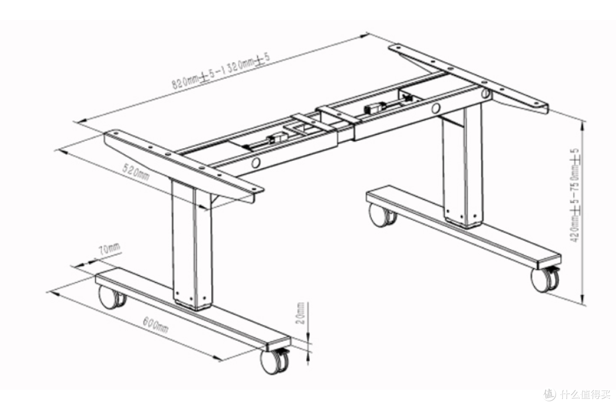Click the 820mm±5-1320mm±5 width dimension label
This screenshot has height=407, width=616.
pos(221,71)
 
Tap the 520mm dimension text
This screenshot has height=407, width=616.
pos(136,173)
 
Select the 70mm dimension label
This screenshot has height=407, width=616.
pos(109,249)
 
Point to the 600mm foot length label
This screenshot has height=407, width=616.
pos(156,324)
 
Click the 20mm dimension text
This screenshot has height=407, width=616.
pos(301,313)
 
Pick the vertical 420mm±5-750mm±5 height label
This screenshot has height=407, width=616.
pos(575,195)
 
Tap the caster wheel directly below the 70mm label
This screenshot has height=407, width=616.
pos(111,297)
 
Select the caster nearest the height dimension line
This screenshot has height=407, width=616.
pos(545,278)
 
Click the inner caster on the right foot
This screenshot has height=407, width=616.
pos(382,215)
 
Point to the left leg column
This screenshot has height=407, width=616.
pos(192,244)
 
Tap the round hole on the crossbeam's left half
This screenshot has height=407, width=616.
pos(256,162)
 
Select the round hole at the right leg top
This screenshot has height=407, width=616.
pos(485,93)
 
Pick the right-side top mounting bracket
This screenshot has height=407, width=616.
pos(468,79)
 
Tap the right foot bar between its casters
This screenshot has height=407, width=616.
pos(464,227)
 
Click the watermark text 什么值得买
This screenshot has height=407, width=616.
pos(585,394)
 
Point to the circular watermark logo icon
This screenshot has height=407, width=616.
pos(550,394)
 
